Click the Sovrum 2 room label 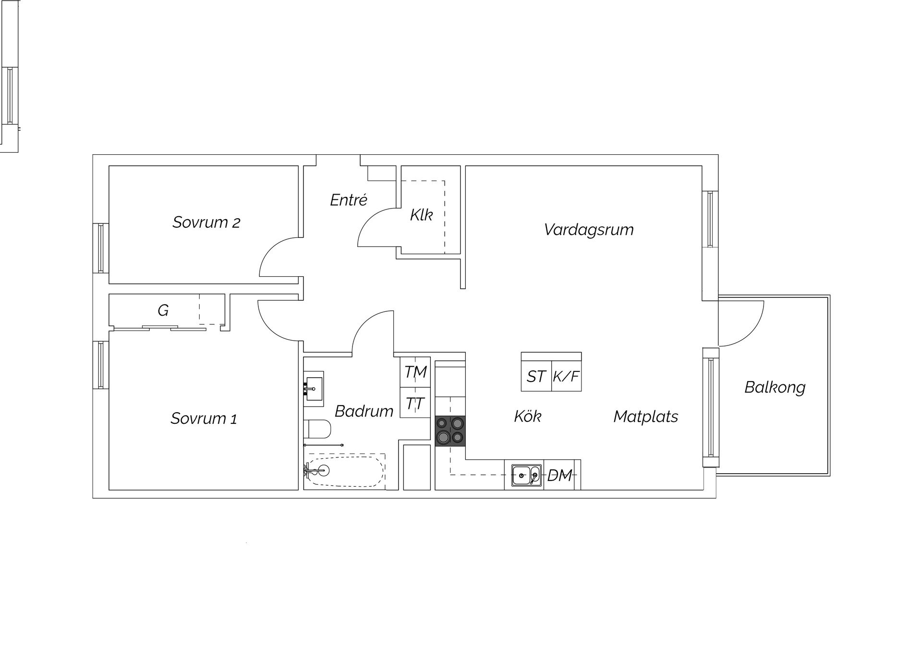click(x=206, y=222)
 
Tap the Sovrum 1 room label click(x=204, y=418)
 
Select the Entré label click(x=349, y=199)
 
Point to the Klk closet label click(x=421, y=215)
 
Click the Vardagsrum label click(x=589, y=230)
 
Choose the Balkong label click(x=775, y=387)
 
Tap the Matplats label click(x=646, y=416)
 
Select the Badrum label click(x=364, y=411)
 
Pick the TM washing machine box click(x=415, y=372)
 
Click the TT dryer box click(x=415, y=403)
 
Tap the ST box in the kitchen click(x=536, y=376)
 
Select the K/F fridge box click(x=566, y=376)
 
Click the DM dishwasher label click(x=559, y=476)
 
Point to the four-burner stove click(x=450, y=431)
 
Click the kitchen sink click(x=526, y=476)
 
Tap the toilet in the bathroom click(x=317, y=429)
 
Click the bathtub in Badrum click(x=345, y=471)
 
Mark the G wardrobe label click(x=163, y=310)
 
